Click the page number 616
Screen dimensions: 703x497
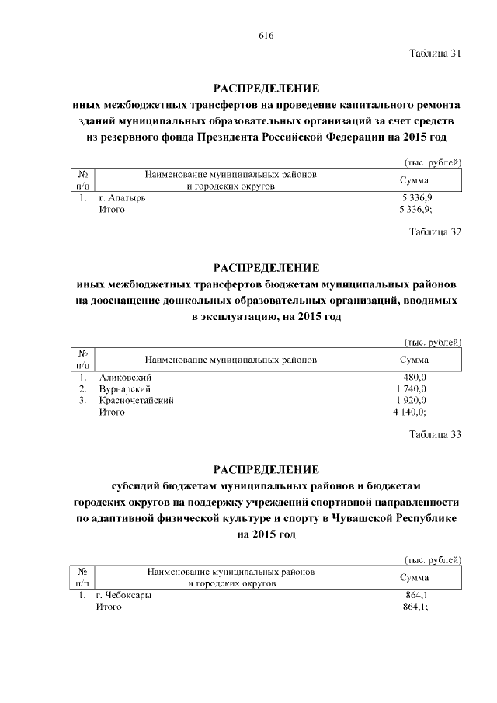(x=266, y=37)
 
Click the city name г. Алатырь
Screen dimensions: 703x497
(x=122, y=198)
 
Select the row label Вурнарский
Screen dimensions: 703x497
(x=124, y=388)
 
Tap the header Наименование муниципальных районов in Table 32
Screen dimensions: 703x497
(x=230, y=360)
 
